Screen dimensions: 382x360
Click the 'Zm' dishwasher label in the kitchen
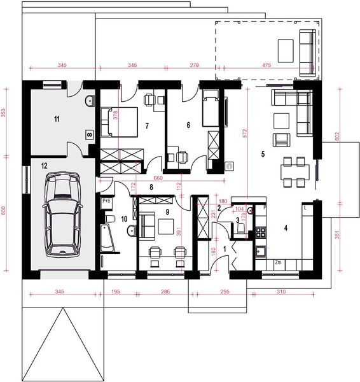click(x=278, y=262)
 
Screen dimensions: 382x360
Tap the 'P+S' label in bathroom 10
click(x=107, y=201)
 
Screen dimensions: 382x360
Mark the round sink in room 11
click(x=88, y=100)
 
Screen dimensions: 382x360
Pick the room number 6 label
click(x=188, y=125)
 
